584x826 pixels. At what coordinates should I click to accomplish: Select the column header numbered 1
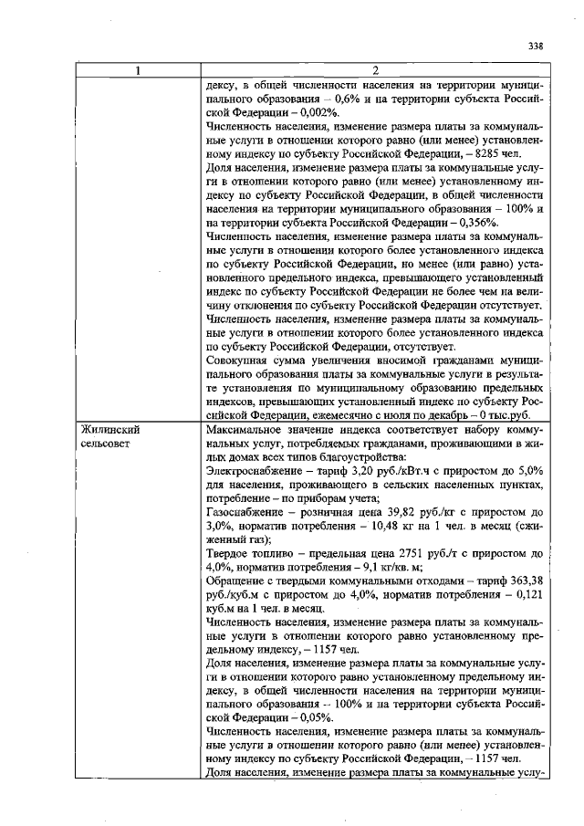tap(138, 71)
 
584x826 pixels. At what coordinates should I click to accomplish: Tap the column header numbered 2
tap(375, 71)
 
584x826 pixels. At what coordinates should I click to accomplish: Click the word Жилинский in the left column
tap(109, 429)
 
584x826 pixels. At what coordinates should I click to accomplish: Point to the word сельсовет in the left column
tap(108, 444)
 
